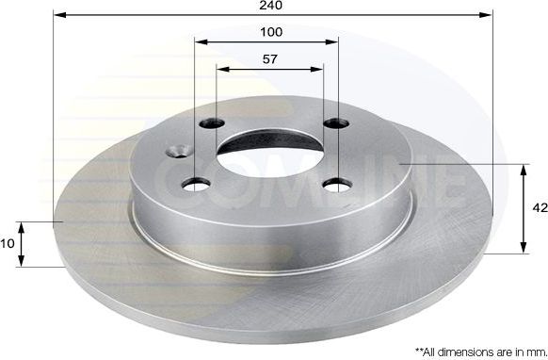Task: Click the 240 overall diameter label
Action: (273, 5)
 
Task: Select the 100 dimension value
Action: (271, 32)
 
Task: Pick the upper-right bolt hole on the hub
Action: (331, 123)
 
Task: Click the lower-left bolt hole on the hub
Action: (199, 183)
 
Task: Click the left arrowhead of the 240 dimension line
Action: (58, 15)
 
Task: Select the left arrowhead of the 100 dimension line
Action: (199, 42)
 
